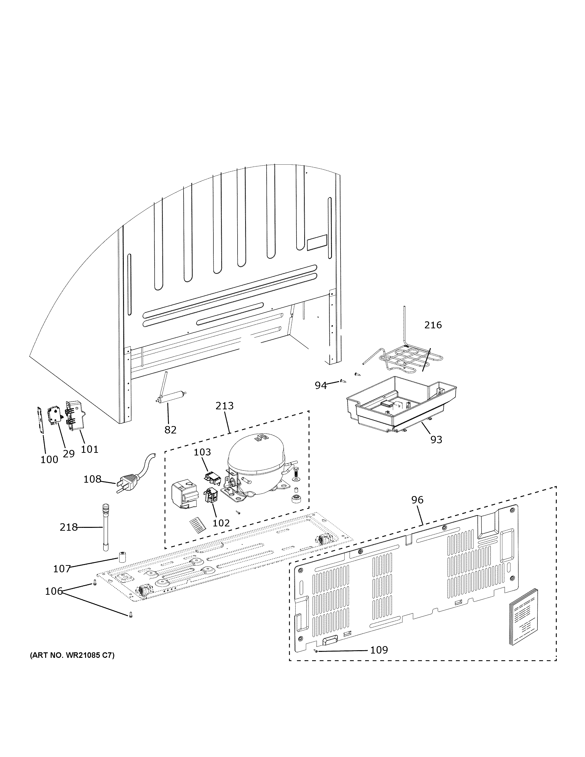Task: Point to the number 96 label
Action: pos(417,500)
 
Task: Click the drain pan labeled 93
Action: pos(399,404)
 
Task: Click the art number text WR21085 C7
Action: pos(72,655)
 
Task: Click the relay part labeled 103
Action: pos(212,477)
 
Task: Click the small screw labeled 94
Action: pos(343,381)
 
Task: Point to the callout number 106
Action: pos(54,591)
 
